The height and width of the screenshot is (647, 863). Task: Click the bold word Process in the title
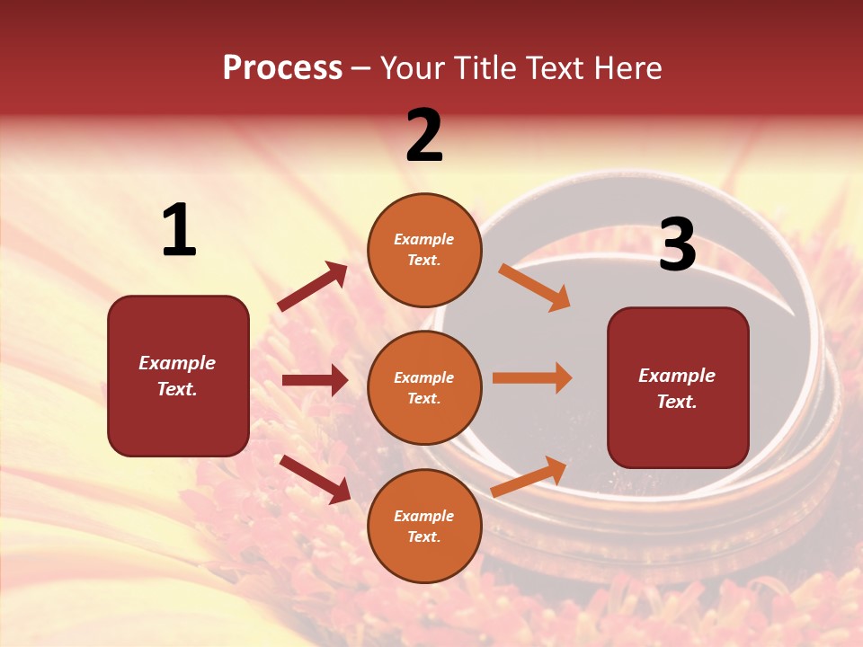pos(282,68)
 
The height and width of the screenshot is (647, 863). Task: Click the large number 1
pos(179,231)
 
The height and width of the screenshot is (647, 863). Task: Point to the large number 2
pos(424,136)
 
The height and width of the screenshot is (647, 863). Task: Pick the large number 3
pos(678,245)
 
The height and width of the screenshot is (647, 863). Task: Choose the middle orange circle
pos(424,387)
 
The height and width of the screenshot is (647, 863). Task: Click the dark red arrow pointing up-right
pos(313,287)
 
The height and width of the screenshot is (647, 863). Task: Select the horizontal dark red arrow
pos(315,380)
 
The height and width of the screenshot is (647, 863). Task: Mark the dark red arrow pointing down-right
pos(315,479)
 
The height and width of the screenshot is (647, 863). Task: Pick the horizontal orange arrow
pos(532,377)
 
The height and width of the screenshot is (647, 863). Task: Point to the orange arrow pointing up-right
pos(529,477)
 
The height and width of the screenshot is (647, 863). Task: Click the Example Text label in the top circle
pos(424,250)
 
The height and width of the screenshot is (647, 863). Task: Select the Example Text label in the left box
pos(177,376)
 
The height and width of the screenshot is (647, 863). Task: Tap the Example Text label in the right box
pos(677,388)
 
